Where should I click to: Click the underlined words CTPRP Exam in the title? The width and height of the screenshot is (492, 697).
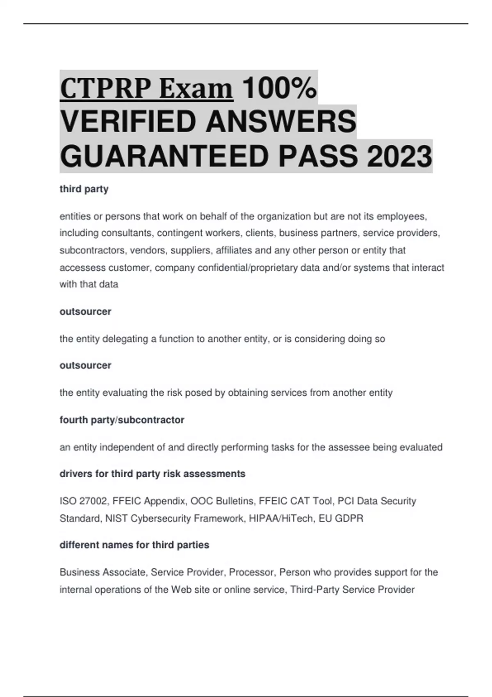point(146,89)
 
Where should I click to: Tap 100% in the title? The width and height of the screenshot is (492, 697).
point(279,89)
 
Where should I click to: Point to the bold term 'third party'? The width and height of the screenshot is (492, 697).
point(84,189)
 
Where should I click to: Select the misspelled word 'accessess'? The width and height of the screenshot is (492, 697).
point(82,268)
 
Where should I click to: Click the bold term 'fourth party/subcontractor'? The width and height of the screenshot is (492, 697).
point(122,420)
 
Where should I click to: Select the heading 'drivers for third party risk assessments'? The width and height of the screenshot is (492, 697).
point(153,474)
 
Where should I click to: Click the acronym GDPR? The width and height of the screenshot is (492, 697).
point(349,519)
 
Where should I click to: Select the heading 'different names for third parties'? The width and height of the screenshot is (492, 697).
point(134,545)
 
